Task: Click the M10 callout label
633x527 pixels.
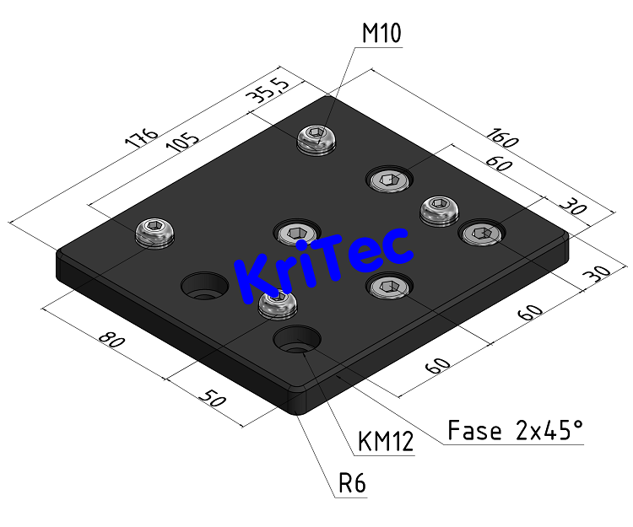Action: click(381, 34)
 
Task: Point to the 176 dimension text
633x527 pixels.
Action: click(140, 139)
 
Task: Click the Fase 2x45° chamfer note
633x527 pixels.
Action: click(515, 431)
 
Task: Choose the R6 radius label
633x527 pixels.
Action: click(352, 484)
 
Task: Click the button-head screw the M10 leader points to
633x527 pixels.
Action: click(316, 139)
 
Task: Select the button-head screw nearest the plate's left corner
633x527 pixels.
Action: click(156, 231)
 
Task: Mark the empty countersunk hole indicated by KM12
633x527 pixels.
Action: click(296, 341)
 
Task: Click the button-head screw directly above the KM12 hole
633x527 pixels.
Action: click(278, 304)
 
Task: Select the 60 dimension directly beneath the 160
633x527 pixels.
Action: click(498, 166)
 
